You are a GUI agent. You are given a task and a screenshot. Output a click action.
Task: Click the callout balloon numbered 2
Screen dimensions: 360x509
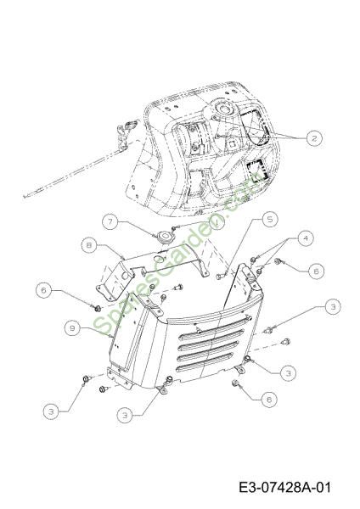pos(314,138)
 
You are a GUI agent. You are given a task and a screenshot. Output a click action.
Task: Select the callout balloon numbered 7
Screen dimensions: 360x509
pos(110,221)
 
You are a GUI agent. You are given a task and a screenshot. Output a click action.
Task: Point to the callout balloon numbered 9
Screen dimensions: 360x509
pos(72,328)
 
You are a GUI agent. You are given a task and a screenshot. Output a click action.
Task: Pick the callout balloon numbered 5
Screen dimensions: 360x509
pos(270,220)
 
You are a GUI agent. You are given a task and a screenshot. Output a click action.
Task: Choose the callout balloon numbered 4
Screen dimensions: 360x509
pos(306,238)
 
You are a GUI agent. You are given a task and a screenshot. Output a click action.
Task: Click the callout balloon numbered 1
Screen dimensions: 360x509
pos(217,221)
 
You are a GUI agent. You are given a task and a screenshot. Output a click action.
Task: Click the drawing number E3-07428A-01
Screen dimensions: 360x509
pos(285,487)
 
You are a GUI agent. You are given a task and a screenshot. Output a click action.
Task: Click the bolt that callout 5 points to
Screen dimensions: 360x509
pos(220,277)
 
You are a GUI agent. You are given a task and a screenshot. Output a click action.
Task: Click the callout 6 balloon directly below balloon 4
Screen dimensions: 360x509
pos(316,271)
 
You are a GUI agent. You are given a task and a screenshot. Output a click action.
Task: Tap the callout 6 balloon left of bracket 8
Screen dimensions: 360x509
pos(44,290)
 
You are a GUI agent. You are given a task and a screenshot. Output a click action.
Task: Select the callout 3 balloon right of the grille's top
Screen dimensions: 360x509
pos(333,306)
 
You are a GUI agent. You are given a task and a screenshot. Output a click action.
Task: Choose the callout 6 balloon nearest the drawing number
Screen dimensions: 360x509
pos(269,400)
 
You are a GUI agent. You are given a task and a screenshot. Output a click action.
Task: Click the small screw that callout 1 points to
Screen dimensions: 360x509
pos(175,228)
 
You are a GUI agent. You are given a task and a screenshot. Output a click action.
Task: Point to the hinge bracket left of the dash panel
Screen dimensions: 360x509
pos(125,135)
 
